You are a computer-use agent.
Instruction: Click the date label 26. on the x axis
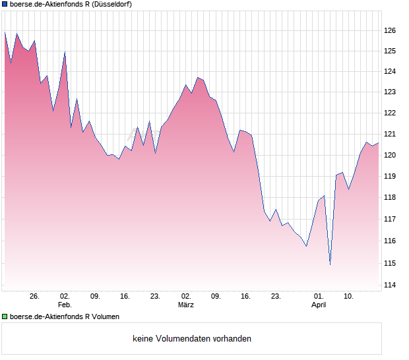click(x=34, y=296)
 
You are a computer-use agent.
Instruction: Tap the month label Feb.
click(x=65, y=305)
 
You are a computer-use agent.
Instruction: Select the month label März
click(x=186, y=305)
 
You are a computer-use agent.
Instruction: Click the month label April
click(x=319, y=305)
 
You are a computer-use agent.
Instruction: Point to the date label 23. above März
click(x=155, y=296)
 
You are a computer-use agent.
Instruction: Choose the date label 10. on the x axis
click(x=349, y=296)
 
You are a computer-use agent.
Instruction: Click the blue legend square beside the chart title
click(x=5, y=5)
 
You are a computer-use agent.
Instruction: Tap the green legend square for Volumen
click(x=5, y=317)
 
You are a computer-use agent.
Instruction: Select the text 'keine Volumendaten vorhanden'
click(x=191, y=339)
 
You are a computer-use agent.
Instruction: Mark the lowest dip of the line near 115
click(x=330, y=264)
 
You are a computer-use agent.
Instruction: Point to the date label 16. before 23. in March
click(x=245, y=296)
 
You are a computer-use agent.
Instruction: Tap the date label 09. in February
click(x=95, y=296)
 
